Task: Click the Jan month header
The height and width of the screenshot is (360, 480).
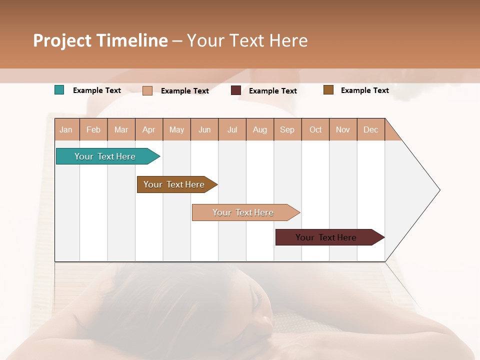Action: [66, 129]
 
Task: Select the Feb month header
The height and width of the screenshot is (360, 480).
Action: [93, 129]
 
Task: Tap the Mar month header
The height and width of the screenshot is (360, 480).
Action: [121, 129]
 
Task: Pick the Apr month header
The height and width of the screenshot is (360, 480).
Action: [149, 129]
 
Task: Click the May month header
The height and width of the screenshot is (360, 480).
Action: [176, 129]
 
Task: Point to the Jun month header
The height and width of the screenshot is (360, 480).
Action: [204, 129]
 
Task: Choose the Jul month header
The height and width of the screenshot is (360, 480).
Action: [232, 129]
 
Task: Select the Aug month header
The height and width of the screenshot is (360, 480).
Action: [260, 129]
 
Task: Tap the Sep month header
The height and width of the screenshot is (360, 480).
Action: [287, 129]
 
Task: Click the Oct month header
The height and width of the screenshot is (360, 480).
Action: [315, 129]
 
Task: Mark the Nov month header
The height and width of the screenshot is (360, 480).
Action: [343, 129]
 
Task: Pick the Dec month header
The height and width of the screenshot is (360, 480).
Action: [370, 129]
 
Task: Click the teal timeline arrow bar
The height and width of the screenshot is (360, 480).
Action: [105, 156]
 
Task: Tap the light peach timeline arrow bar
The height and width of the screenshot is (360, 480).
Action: [243, 212]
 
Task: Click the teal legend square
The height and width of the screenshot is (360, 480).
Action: [59, 90]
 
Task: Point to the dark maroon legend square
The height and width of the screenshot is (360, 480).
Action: [236, 90]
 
